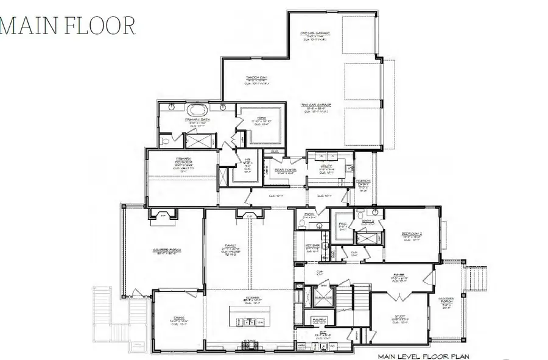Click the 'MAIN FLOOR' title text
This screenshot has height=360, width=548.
pyautogui.click(x=68, y=25)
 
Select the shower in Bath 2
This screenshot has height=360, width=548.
pyautogui.click(x=370, y=238)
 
